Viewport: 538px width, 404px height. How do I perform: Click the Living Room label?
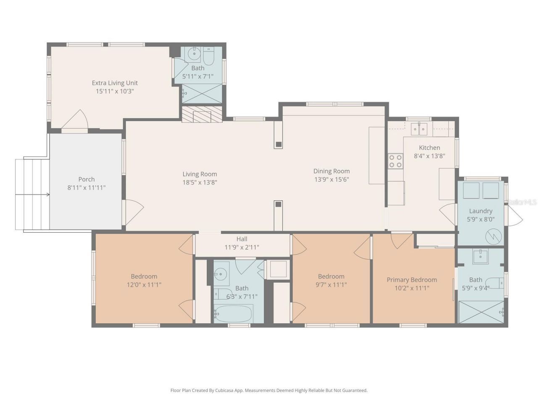pyautogui.click(x=200, y=174)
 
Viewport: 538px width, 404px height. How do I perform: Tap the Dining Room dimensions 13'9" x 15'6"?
pyautogui.click(x=332, y=179)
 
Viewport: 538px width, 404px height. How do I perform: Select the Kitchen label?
pyautogui.click(x=429, y=148)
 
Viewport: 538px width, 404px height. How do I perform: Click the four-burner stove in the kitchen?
pyautogui.click(x=395, y=161)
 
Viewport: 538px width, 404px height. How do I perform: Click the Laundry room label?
pyautogui.click(x=480, y=211)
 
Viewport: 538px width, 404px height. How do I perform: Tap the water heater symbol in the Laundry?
pyautogui.click(x=493, y=237)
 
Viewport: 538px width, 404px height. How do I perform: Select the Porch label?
pyautogui.click(x=86, y=179)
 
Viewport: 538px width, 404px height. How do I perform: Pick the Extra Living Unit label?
pyautogui.click(x=115, y=83)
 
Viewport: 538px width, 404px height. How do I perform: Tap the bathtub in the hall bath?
pyautogui.click(x=233, y=314)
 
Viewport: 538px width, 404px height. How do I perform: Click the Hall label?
pyautogui.click(x=242, y=239)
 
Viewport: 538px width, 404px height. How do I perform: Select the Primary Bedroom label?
pyautogui.click(x=411, y=280)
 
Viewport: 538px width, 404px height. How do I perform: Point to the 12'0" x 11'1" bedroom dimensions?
pyautogui.click(x=144, y=284)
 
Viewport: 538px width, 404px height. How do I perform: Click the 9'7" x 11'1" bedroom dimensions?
pyautogui.click(x=331, y=284)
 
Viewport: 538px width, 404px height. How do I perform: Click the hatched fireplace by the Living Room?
pyautogui.click(x=201, y=114)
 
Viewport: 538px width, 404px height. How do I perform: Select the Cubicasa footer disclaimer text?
pyautogui.click(x=269, y=390)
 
